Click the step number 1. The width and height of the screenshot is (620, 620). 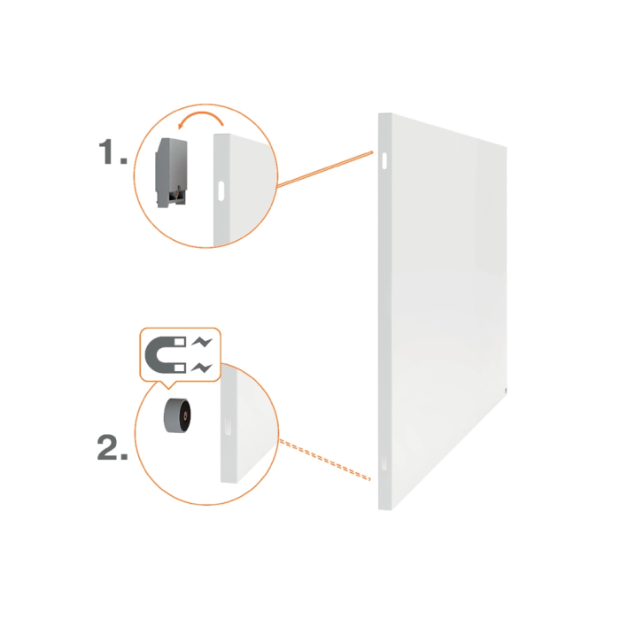[x=110, y=152]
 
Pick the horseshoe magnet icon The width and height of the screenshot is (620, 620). [x=165, y=353]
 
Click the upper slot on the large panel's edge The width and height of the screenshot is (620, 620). [x=386, y=160]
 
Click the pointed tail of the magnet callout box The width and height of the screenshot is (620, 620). [x=167, y=384]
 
